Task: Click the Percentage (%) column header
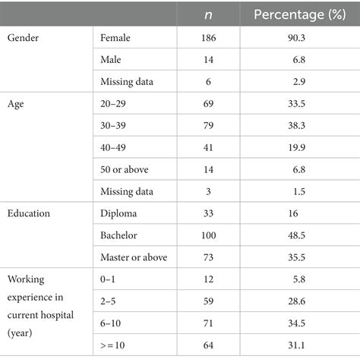point(300,14)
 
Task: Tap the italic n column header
point(208,15)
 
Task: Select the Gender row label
point(23,38)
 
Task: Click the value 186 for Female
point(209,38)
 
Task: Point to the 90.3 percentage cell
point(296,38)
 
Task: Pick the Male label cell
point(111,60)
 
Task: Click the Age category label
point(16,104)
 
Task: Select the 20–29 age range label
point(113,104)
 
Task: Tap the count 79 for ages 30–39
point(208,125)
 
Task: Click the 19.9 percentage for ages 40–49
point(297,147)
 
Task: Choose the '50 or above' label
point(125,169)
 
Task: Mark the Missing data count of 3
point(208,191)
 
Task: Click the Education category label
point(29,213)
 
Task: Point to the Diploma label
point(118,214)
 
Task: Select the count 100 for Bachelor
point(209,235)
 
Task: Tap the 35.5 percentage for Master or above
point(296,257)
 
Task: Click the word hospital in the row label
point(57,316)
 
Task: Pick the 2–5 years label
point(108,301)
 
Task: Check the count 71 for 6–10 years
point(208,323)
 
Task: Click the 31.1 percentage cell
point(296,345)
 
